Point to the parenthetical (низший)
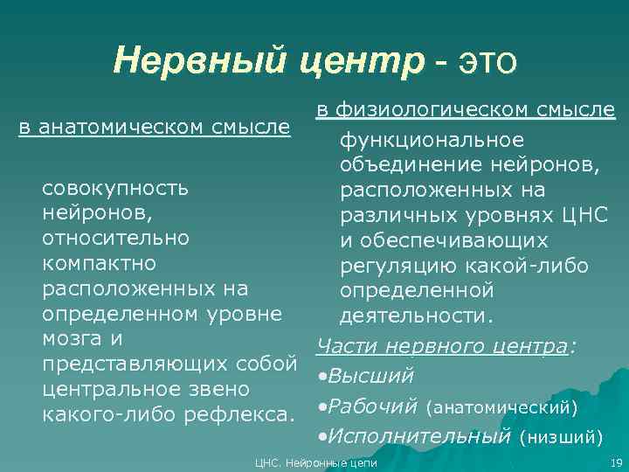click(x=559, y=435)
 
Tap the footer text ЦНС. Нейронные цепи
click(x=314, y=462)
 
